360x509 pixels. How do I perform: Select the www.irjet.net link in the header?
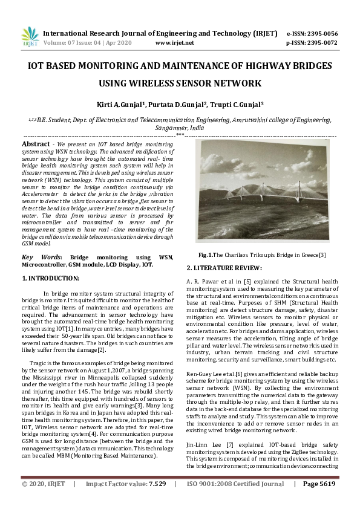click(x=175, y=43)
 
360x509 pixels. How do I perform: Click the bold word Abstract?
click(x=36, y=144)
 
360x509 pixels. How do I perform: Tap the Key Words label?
click(x=36, y=258)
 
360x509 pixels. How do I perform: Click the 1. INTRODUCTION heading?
click(x=51, y=278)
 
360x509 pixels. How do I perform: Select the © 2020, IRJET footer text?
click(x=44, y=501)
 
